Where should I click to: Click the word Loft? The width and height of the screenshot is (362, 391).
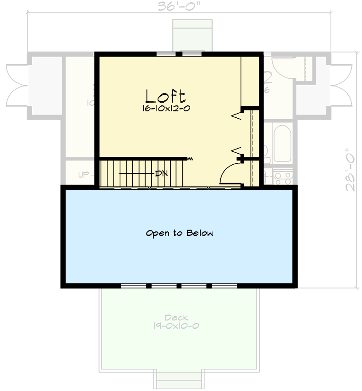166,96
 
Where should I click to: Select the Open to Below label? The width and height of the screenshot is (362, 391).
180,233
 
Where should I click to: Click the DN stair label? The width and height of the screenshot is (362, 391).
161,174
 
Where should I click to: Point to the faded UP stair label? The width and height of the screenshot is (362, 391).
84,175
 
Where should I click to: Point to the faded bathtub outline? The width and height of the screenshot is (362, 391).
282,143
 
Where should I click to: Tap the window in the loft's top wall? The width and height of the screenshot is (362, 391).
179,54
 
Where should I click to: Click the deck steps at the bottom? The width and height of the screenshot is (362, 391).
178,380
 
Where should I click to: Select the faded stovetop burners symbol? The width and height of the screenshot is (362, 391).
281,177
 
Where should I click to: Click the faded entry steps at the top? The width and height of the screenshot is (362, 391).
192,35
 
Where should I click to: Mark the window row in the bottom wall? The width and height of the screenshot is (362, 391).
179,286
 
